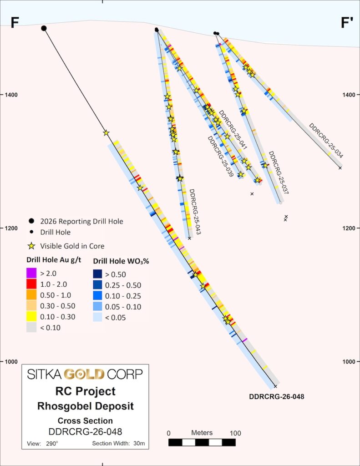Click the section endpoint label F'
coord(347,23)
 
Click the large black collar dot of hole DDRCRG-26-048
coord(44,28)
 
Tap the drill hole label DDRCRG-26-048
coord(276,396)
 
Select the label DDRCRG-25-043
coord(195,212)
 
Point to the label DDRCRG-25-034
coord(326,140)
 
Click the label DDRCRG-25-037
coord(279,172)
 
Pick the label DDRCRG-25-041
coord(233,130)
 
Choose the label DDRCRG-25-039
coord(220,157)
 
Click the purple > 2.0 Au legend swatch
coord(31,273)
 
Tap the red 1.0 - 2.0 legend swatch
coord(31,284)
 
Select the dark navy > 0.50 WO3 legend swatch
coord(97,274)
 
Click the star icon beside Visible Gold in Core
coord(31,246)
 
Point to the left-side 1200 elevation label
coord(11,228)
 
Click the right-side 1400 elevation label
coord(349,95)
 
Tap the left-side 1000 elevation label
coord(11,362)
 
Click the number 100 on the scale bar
coord(235,433)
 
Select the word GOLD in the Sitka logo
coord(85,374)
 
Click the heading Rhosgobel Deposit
coord(85,406)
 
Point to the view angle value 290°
coord(52,443)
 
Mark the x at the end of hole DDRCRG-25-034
coord(340,168)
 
